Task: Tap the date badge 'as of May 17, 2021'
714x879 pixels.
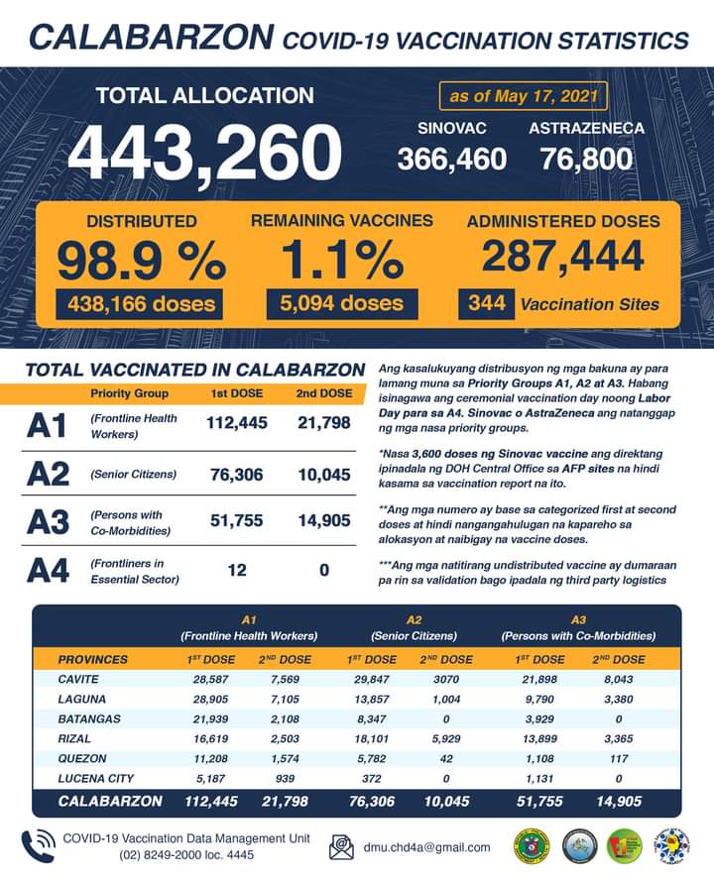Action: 523,97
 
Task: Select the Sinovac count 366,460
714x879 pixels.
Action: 452,159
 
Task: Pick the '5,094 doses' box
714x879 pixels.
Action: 341,303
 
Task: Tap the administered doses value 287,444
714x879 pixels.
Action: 563,256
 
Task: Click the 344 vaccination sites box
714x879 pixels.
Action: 486,303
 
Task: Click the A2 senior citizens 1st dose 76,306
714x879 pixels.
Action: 237,475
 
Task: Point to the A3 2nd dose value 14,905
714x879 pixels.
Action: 324,521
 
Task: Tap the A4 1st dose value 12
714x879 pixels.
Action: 236,570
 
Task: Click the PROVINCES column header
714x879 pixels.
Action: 92,659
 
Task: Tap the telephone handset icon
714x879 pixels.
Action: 38,845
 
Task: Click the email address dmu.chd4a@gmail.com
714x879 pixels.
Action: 426,847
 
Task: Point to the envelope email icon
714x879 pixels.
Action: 341,847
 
